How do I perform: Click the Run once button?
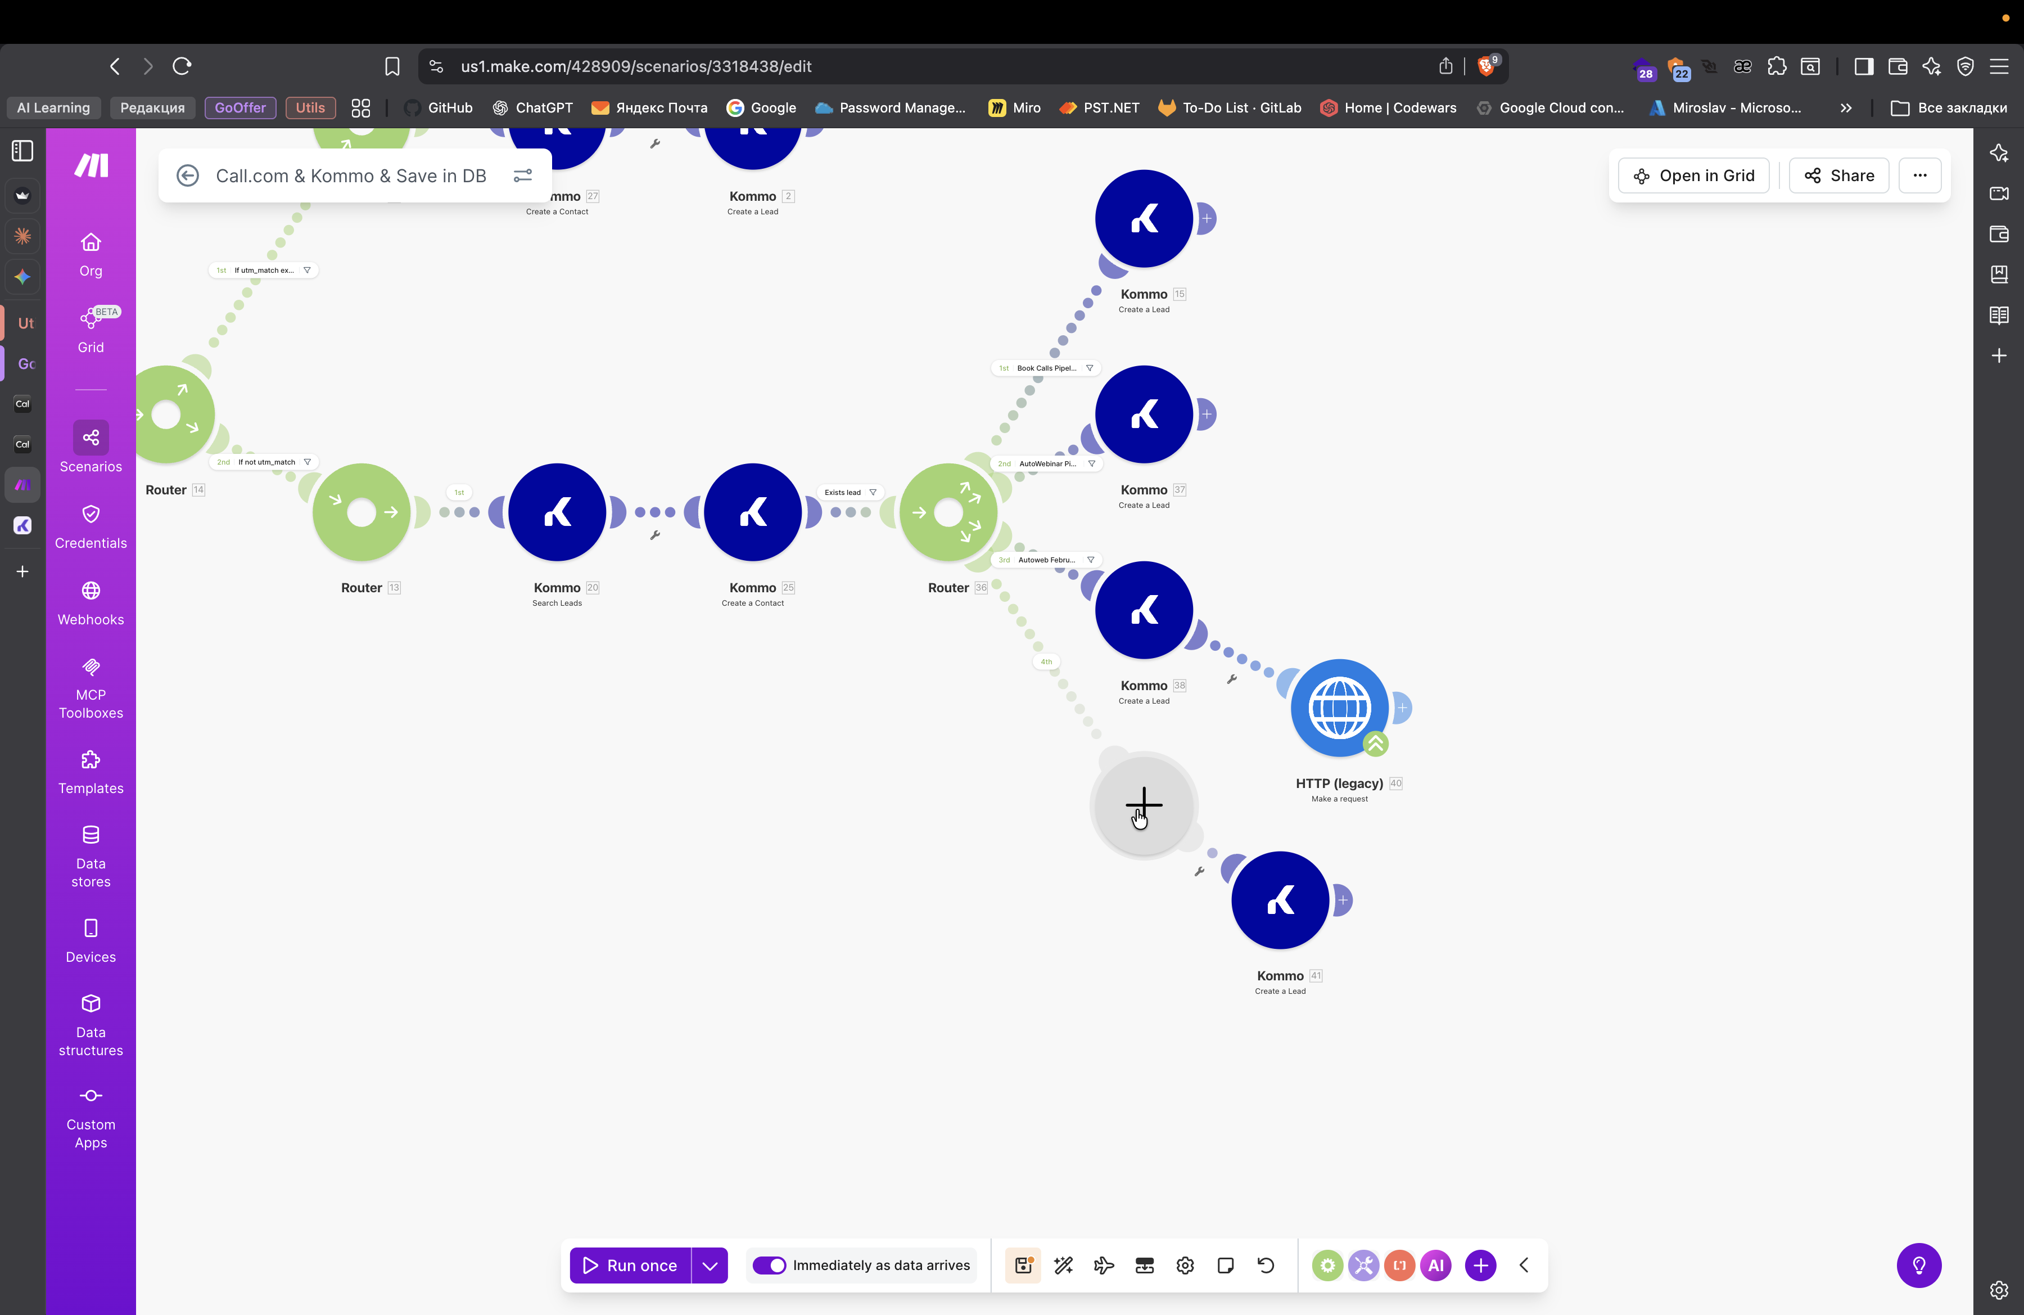click(630, 1265)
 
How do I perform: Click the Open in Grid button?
click(1693, 175)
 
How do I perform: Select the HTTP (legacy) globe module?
click(1339, 708)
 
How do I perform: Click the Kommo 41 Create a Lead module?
click(1280, 900)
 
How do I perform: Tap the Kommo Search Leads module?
click(557, 512)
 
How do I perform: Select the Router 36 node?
click(948, 512)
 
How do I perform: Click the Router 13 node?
click(362, 512)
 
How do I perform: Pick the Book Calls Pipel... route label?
click(1046, 368)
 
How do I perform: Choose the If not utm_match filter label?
click(266, 462)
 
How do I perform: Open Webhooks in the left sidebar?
click(91, 603)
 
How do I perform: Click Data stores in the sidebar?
click(91, 855)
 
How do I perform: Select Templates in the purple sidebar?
click(91, 772)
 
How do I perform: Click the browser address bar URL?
click(635, 66)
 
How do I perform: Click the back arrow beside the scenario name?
click(187, 175)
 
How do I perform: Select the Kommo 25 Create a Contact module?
click(753, 512)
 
